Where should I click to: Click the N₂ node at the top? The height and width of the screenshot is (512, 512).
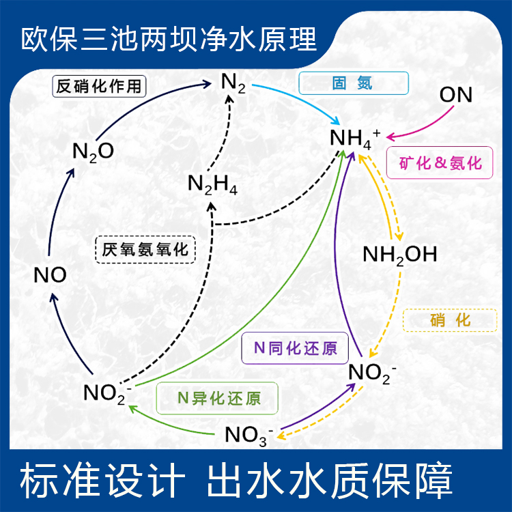point(233,85)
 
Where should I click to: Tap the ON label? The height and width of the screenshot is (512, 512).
point(455,95)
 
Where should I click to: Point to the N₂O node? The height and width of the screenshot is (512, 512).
point(93,152)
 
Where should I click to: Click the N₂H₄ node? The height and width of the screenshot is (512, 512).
point(212,185)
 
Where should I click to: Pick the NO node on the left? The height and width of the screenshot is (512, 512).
point(50,275)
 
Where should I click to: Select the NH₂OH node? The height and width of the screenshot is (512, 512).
point(399,255)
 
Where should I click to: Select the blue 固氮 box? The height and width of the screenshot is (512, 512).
point(354,83)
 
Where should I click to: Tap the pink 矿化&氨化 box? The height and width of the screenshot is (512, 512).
point(440,163)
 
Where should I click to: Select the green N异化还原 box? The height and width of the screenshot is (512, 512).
point(218,398)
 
